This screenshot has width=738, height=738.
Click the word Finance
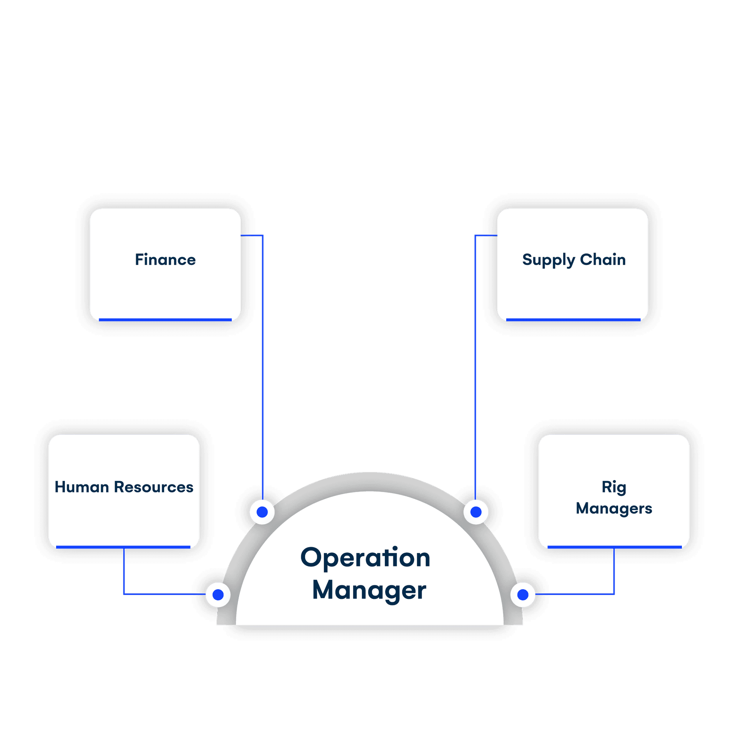click(x=165, y=260)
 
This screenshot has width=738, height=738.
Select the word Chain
click(x=603, y=260)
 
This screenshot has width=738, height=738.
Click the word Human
click(x=82, y=487)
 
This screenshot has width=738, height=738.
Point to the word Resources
click(x=154, y=487)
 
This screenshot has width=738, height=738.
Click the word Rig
click(x=614, y=487)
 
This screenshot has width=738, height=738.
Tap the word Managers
click(x=614, y=509)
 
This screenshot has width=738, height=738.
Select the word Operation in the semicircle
click(x=365, y=558)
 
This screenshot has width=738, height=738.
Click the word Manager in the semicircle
click(x=369, y=590)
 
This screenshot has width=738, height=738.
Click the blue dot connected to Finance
click(x=262, y=512)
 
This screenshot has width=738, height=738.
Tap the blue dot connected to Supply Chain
click(x=476, y=512)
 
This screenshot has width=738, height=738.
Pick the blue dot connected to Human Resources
click(x=218, y=595)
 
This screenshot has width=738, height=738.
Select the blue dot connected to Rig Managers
click(x=523, y=595)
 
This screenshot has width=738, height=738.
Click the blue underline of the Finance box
click(x=165, y=319)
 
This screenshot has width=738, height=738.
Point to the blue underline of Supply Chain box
click(x=573, y=319)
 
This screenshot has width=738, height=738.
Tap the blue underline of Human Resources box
click(x=123, y=547)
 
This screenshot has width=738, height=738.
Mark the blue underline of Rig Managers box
click(x=614, y=547)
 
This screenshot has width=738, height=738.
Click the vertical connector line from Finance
click(x=263, y=365)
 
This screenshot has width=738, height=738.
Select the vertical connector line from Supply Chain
click(x=475, y=365)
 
